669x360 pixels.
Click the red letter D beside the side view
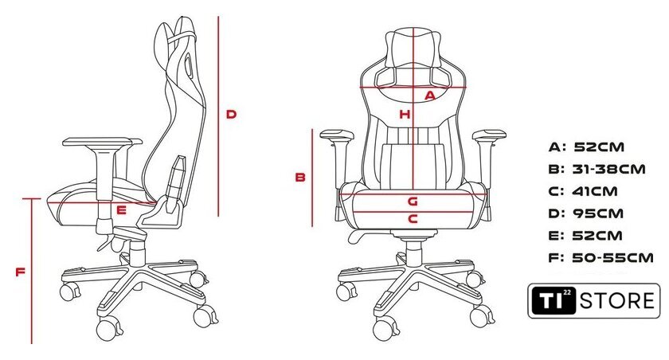[x=231, y=115]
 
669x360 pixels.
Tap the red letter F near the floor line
[x=21, y=272]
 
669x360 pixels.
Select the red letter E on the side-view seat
[x=122, y=209]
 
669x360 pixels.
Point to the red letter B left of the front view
[x=300, y=177]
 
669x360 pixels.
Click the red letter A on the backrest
[x=430, y=96]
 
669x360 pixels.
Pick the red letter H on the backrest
[x=405, y=115]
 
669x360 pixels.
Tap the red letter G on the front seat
[x=413, y=201]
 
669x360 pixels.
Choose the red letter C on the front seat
[x=413, y=219]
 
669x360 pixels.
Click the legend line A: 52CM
[x=586, y=147]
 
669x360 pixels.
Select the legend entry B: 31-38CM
[x=597, y=170]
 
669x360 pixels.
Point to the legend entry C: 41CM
[x=583, y=191]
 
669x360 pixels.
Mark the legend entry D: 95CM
[x=586, y=213]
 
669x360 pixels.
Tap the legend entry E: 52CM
[x=585, y=236]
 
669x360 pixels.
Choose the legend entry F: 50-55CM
[x=601, y=257]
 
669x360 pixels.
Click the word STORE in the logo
[x=617, y=301]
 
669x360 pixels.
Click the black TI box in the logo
[x=554, y=301]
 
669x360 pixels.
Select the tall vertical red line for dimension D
[x=218, y=116]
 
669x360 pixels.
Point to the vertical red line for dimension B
[x=312, y=178]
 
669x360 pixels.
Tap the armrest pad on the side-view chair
[x=103, y=142]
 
